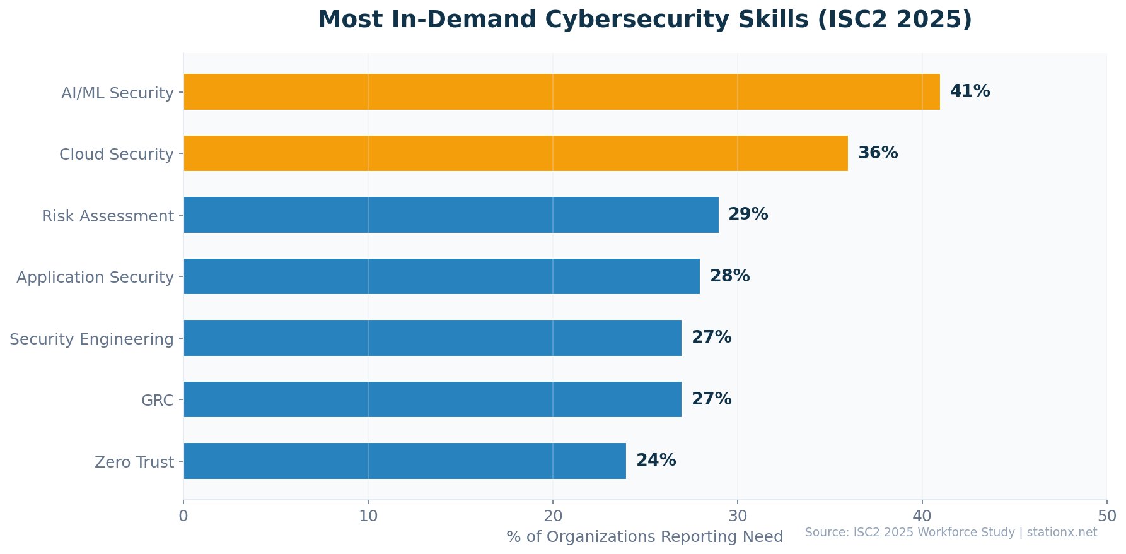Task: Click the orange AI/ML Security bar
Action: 561,92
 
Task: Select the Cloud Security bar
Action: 515,153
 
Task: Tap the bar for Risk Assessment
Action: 451,215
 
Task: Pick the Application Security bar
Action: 441,276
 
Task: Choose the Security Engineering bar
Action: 432,338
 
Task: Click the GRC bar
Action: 432,399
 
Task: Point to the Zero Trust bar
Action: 405,461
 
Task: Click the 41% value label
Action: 970,91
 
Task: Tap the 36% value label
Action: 878,153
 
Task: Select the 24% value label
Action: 656,461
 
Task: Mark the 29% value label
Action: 748,215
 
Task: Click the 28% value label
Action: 729,276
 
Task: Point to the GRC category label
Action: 157,401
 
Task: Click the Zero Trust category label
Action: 134,463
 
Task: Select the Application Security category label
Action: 95,278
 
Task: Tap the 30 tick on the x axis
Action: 738,516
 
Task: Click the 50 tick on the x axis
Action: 1106,516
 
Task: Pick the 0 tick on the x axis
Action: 183,516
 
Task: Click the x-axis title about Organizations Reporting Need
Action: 644,537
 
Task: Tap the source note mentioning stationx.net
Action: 951,533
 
